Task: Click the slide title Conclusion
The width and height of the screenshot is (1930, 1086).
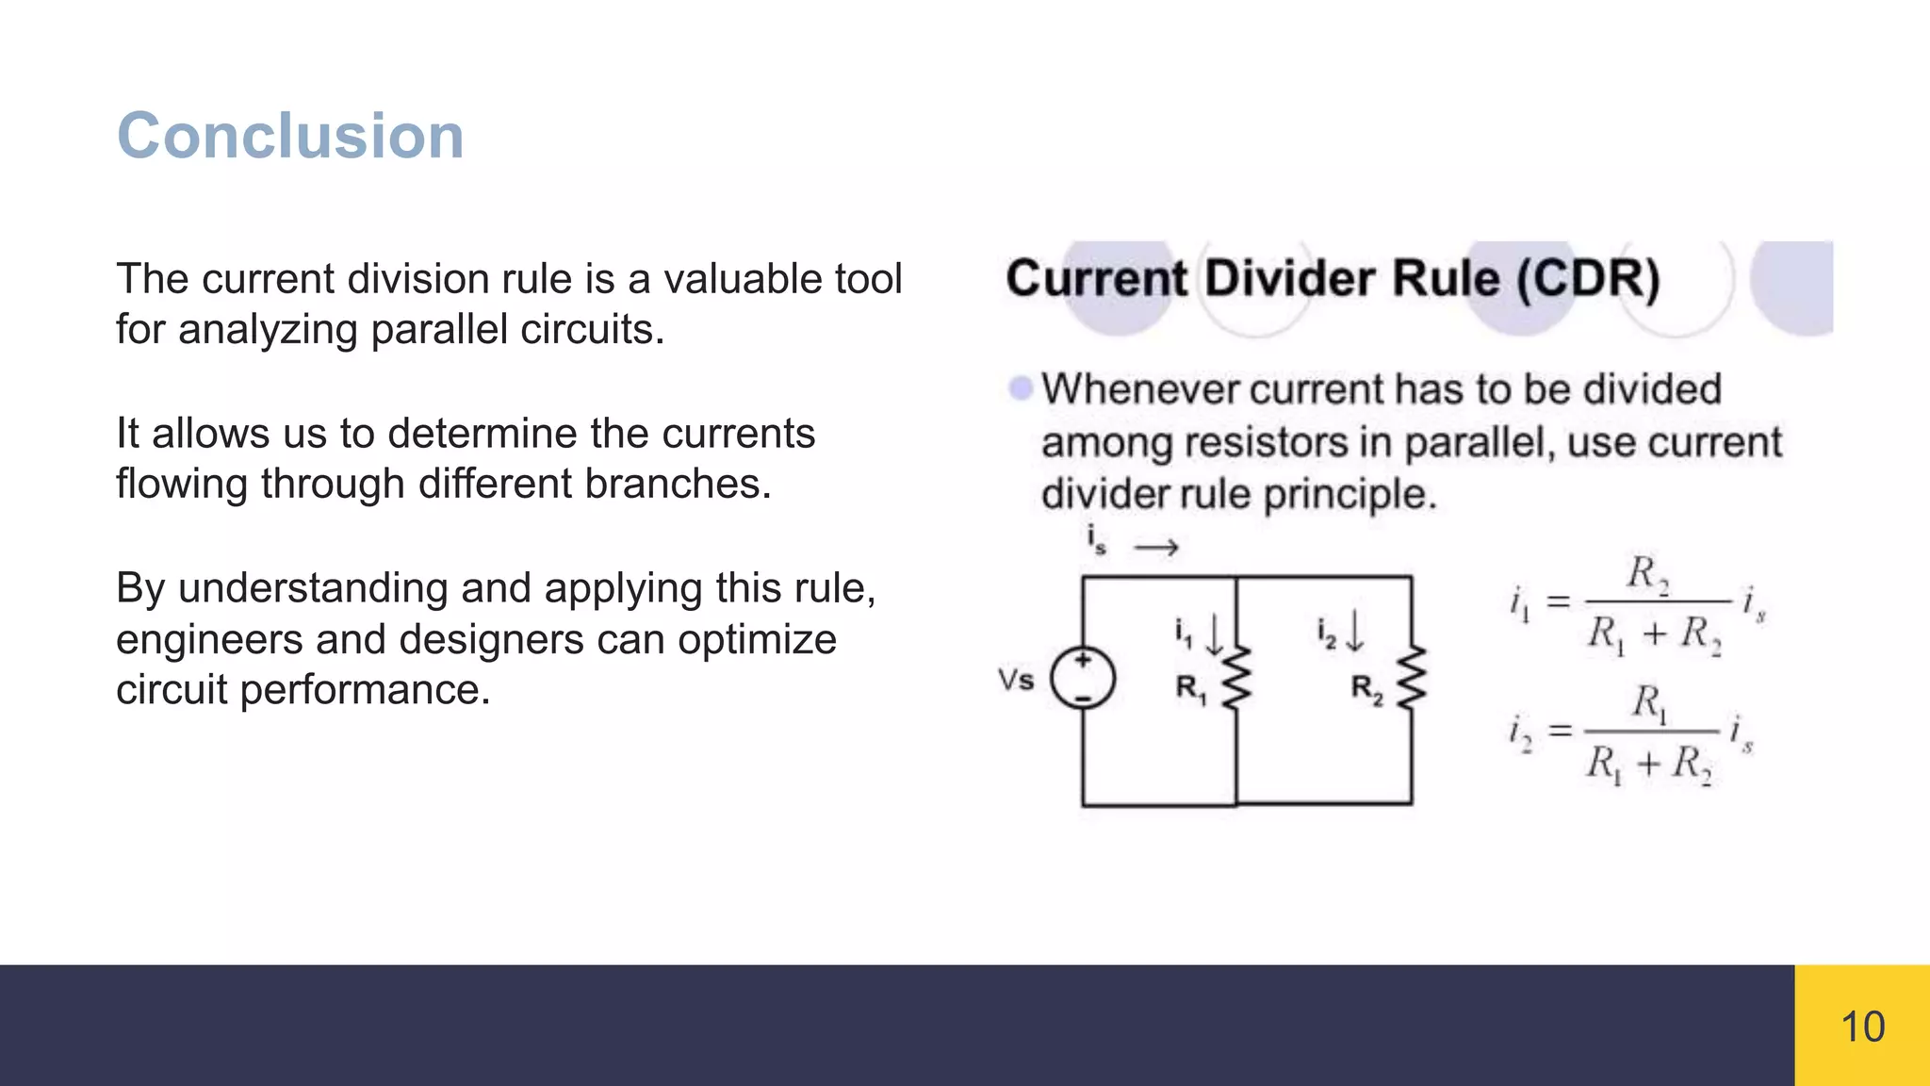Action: (290, 136)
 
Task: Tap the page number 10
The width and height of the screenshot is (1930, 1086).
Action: (1862, 1027)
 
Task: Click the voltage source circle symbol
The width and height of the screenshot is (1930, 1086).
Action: (1083, 679)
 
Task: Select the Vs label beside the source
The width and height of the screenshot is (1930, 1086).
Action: (1016, 680)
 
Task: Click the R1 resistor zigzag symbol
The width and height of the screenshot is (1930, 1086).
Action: (1236, 677)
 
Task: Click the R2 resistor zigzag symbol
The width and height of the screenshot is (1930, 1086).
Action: (1411, 677)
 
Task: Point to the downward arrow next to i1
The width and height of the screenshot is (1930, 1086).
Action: (1215, 633)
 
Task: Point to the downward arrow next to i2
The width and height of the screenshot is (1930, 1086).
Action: (1354, 631)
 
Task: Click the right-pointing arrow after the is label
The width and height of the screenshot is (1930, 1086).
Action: (1156, 548)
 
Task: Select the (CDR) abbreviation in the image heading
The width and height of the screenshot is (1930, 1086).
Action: (1588, 279)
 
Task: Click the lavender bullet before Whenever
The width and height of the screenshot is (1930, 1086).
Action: (1020, 388)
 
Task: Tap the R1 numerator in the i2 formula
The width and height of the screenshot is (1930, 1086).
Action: (1649, 703)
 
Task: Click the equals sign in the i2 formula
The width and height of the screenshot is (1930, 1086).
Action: (1561, 731)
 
